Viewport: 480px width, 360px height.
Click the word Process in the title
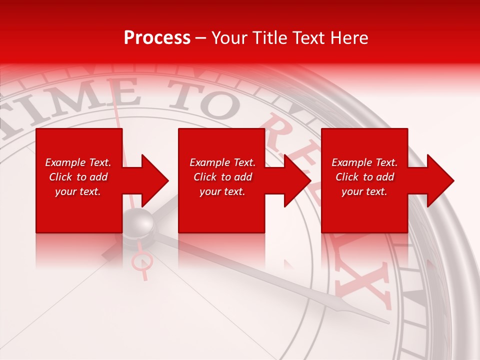(157, 38)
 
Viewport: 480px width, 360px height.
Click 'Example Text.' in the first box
(78, 162)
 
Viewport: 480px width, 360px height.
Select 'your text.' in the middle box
(222, 191)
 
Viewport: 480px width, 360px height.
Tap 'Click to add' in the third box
(364, 177)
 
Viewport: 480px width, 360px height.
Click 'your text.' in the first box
(78, 191)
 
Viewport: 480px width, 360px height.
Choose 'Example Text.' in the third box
(364, 162)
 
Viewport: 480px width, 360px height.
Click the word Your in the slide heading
(229, 38)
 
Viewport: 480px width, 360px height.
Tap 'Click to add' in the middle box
(222, 177)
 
